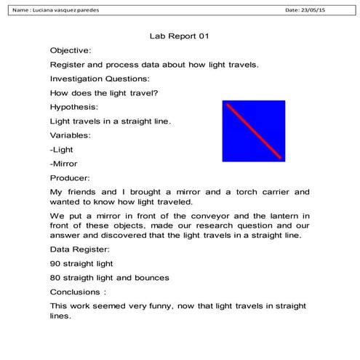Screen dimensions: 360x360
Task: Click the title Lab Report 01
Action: [179, 35]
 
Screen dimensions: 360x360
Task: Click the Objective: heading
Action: [71, 50]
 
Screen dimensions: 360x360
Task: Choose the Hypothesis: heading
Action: [73, 107]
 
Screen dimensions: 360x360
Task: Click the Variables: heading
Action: [71, 135]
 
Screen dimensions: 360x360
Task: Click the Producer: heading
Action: [70, 177]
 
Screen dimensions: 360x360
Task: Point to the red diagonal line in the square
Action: [254, 131]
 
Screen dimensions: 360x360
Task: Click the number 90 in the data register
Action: [55, 263]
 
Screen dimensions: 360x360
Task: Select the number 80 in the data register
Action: [55, 277]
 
